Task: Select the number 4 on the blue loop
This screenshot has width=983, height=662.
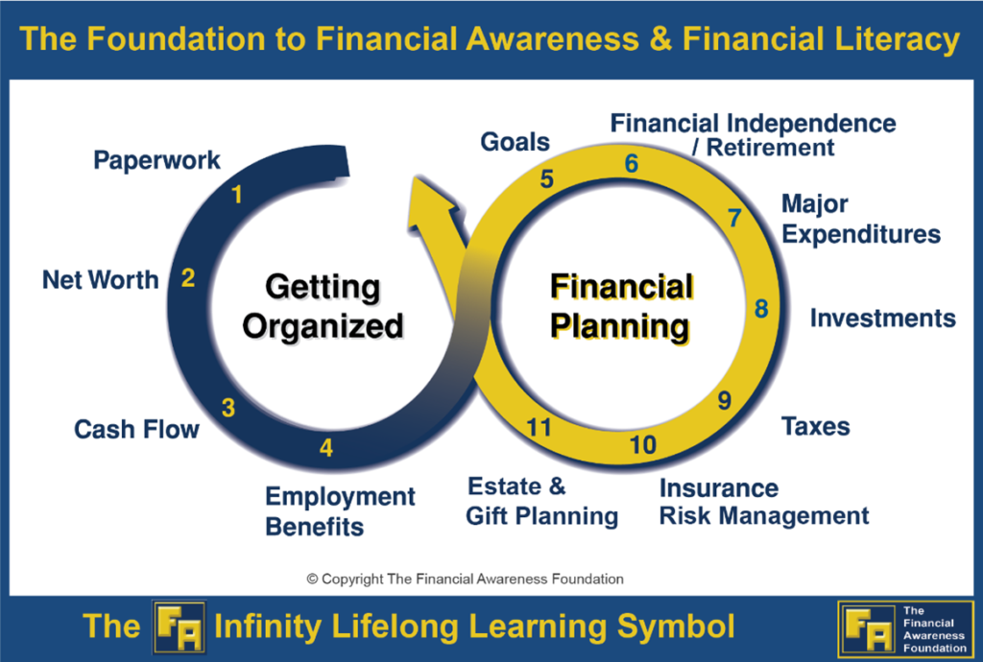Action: coord(326,448)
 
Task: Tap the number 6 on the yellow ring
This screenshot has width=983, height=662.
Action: coord(631,164)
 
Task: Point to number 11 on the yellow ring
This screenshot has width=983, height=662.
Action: coord(539,429)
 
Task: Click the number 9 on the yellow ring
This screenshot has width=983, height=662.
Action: coord(725,400)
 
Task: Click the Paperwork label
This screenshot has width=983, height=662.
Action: coord(156,160)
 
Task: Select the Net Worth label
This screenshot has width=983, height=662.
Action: coord(100,280)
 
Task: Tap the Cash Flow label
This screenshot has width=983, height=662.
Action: coord(136,429)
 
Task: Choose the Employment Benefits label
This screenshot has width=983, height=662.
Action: coord(340,511)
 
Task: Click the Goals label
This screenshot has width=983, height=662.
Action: coord(515,143)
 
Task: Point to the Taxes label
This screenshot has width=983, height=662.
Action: coord(815,426)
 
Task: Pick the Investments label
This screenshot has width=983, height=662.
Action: coord(882,319)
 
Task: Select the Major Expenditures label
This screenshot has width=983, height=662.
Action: coord(860,219)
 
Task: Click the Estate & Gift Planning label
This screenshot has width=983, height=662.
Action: coord(541,502)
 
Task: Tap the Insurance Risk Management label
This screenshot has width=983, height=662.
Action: coord(763,502)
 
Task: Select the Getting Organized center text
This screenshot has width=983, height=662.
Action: coord(323,307)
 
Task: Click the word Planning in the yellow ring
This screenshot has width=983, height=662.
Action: coord(620,326)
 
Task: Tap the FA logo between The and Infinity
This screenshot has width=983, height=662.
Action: coord(179,627)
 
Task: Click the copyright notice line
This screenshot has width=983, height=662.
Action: coord(465,579)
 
